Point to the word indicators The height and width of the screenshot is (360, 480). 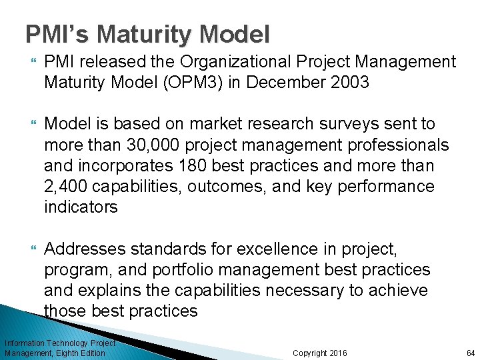(x=81, y=207)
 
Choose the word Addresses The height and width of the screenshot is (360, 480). (x=86, y=249)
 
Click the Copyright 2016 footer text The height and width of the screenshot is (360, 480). (x=319, y=353)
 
